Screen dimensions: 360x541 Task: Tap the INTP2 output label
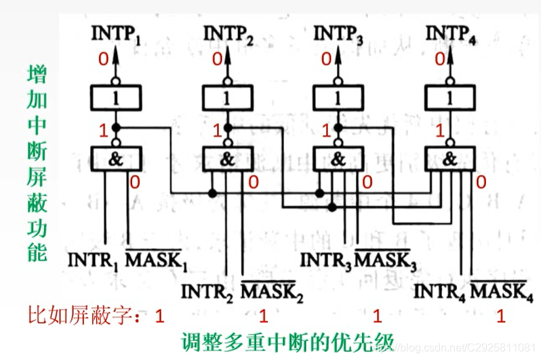click(229, 35)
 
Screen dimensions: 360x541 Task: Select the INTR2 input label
click(206, 294)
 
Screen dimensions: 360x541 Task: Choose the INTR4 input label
click(439, 294)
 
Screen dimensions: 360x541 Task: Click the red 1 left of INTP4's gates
click(440, 131)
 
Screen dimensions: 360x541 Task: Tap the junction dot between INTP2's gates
click(228, 127)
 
